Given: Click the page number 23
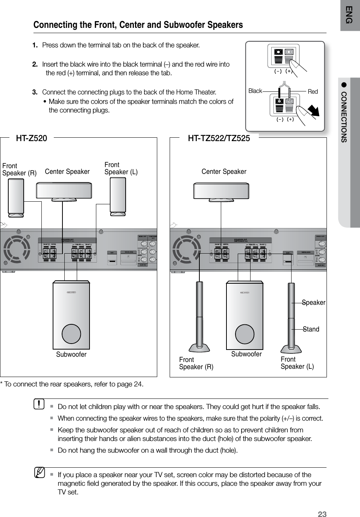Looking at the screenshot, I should click(x=322, y=514).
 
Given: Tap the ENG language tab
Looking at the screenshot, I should click(x=349, y=15).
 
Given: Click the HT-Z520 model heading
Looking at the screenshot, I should click(x=32, y=138).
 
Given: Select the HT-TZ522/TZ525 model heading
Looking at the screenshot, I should click(x=219, y=138).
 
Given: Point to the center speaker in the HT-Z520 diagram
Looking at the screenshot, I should click(x=64, y=191).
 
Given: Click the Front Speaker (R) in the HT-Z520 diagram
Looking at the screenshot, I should click(x=16, y=198).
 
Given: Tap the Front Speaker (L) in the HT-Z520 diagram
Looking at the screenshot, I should click(x=118, y=196).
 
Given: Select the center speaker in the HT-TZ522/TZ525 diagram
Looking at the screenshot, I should click(x=221, y=191).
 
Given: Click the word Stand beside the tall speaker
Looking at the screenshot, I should click(x=311, y=329).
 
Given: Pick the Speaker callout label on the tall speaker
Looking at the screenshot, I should click(x=314, y=303).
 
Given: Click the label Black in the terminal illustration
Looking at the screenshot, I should click(x=255, y=91).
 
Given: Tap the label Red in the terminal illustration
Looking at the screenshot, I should click(x=313, y=92).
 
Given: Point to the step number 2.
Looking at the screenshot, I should click(x=35, y=64).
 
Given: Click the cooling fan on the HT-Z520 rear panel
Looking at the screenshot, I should click(x=17, y=249).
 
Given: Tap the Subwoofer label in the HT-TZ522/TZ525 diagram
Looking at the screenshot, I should click(x=246, y=354).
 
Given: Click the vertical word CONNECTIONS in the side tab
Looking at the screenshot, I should click(x=344, y=117).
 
